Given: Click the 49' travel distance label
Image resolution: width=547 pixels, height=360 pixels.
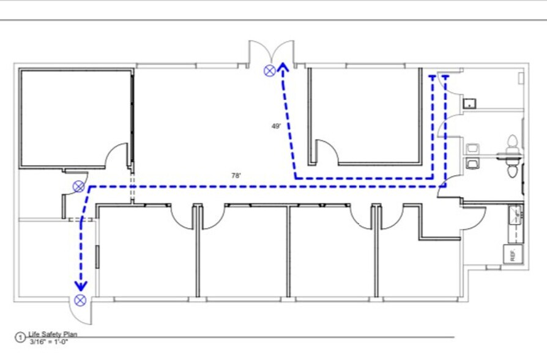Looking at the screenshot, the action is [276, 126].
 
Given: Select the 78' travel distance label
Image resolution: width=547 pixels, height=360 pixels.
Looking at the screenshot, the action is [236, 175].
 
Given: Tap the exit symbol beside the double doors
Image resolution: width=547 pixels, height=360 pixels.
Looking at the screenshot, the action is [270, 71].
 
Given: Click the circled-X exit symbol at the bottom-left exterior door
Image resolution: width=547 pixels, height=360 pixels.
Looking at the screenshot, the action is [80, 300].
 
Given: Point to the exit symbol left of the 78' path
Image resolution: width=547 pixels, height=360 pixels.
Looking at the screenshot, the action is [79, 187].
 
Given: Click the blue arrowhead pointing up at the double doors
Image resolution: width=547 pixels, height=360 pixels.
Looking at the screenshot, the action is [283, 67].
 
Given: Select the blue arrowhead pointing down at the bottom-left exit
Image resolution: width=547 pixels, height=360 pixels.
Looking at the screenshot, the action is [81, 286].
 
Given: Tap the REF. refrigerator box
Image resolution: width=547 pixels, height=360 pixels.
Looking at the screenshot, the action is [513, 254].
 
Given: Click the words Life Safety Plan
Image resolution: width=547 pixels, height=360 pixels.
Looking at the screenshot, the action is [53, 334].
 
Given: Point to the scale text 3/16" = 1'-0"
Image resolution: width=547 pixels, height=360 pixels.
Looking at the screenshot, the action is [49, 342].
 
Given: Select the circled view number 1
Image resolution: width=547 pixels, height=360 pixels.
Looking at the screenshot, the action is [20, 337].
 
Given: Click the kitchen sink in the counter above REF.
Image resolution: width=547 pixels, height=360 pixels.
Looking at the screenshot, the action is [516, 216].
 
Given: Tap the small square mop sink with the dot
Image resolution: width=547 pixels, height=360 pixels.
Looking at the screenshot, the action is [469, 103].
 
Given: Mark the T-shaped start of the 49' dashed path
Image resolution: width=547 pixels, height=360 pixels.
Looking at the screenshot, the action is [433, 76].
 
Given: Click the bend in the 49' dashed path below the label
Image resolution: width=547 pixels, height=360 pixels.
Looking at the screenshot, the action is [296, 178].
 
